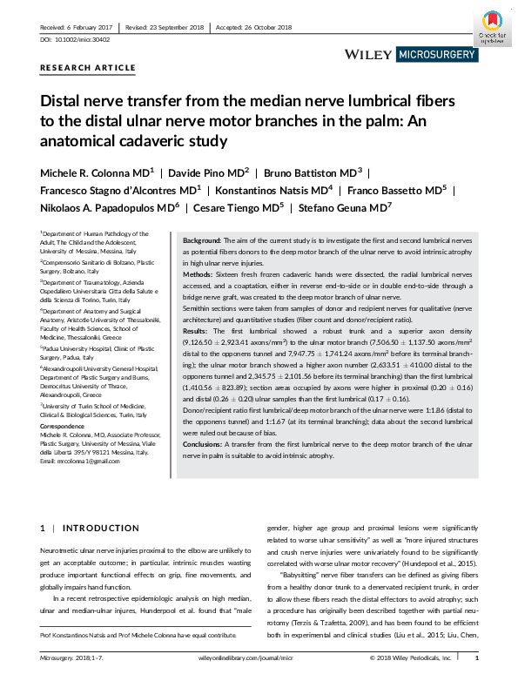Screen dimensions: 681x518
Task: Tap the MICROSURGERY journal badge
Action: coord(437,55)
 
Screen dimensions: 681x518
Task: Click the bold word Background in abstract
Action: coord(202,239)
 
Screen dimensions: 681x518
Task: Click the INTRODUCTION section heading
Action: coord(89,528)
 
